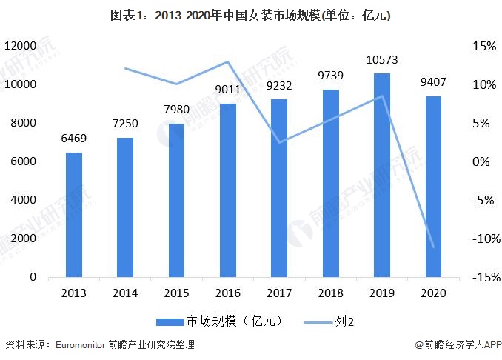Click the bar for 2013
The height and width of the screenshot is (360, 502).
(x=74, y=215)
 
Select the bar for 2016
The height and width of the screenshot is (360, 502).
(x=228, y=190)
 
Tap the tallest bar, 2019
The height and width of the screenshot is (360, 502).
(x=382, y=176)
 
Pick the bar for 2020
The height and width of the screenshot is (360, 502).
(x=433, y=187)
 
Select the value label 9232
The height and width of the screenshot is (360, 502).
(x=279, y=87)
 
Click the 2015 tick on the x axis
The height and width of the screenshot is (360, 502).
(x=176, y=293)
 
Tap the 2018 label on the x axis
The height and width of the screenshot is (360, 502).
(x=330, y=293)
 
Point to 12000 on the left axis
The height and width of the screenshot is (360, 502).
(x=21, y=46)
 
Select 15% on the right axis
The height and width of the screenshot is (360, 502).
(x=483, y=46)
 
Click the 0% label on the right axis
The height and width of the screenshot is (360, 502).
(x=486, y=161)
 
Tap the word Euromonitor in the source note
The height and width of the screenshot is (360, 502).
(x=82, y=345)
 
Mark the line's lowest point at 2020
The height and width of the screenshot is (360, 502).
(x=433, y=247)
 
